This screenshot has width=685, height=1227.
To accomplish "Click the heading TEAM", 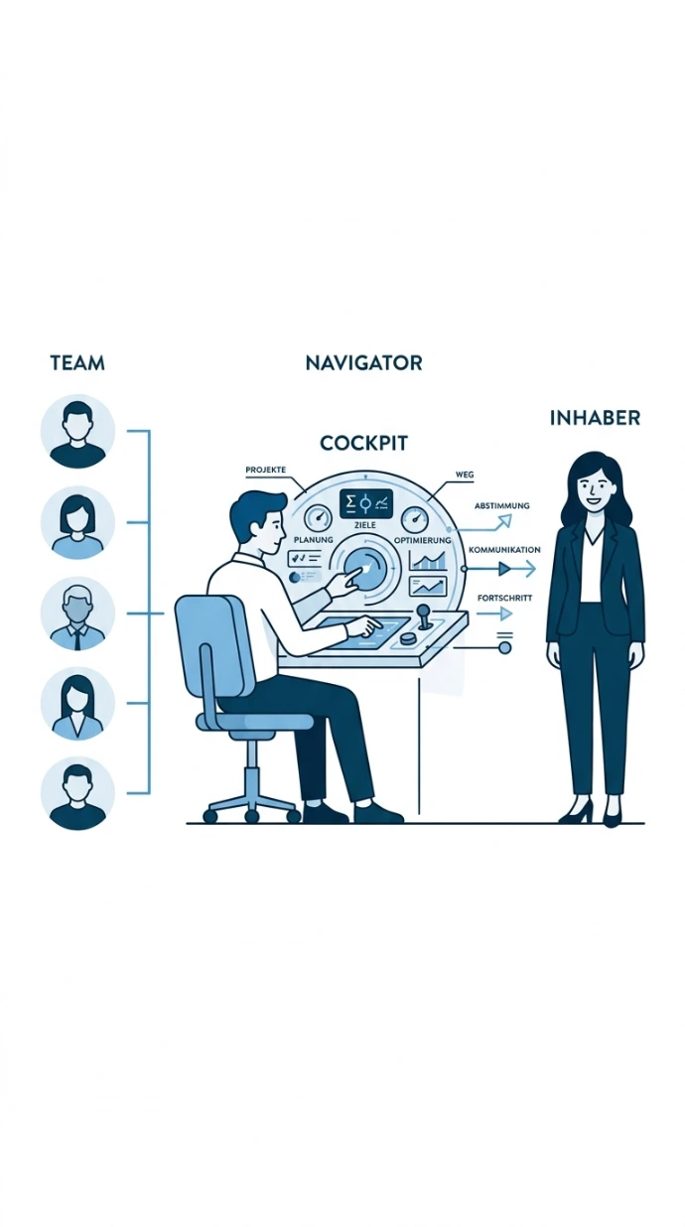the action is click(x=77, y=363).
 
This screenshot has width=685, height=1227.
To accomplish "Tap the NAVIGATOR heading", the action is click(x=364, y=362).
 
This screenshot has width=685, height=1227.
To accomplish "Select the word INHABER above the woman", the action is click(x=595, y=418).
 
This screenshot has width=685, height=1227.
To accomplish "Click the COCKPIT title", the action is click(x=363, y=443).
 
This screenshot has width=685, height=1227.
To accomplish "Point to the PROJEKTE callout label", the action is click(x=266, y=470).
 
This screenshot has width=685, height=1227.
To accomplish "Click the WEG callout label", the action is click(x=465, y=475).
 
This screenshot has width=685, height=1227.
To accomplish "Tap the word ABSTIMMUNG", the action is click(x=502, y=505).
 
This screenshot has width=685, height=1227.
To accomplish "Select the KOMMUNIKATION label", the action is click(x=505, y=549).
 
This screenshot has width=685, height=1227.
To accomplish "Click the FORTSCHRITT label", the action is click(x=504, y=599).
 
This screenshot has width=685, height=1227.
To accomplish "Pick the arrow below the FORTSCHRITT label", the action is click(x=494, y=614).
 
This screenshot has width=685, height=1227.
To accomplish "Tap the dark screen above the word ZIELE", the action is click(x=366, y=503).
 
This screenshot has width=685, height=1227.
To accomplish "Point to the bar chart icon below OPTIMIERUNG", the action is click(x=428, y=561).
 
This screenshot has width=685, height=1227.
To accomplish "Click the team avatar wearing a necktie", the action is click(x=77, y=613).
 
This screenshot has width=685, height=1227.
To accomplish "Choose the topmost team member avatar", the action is click(x=77, y=432).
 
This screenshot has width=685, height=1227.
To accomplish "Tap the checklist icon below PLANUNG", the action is click(x=305, y=559).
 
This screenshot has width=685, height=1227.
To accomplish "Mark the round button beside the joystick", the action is click(x=408, y=638).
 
